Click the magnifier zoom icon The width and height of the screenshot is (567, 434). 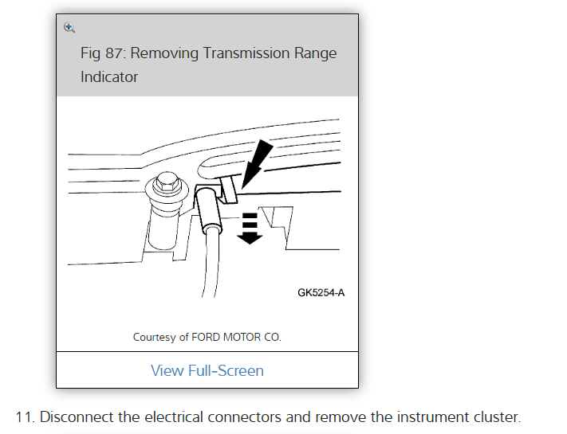69,27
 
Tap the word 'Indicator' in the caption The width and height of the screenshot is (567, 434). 109,77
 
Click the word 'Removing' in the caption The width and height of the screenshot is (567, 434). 164,53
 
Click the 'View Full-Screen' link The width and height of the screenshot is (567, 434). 207,370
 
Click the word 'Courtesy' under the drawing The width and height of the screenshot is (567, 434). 155,338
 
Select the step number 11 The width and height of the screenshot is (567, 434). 25,416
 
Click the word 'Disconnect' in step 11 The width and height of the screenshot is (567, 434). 75,416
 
